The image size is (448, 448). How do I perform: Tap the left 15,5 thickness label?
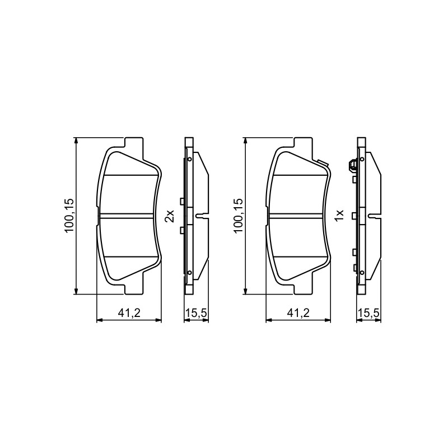point(197,314)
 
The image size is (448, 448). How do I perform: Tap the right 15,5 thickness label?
point(368,314)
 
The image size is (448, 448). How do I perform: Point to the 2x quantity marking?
point(170,216)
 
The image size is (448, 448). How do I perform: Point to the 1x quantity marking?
point(339,216)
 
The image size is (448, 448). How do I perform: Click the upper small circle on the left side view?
point(189,159)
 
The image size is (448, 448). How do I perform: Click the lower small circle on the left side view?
point(189,273)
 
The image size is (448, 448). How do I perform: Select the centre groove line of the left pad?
point(128,216)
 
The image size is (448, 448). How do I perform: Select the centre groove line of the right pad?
point(297,216)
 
